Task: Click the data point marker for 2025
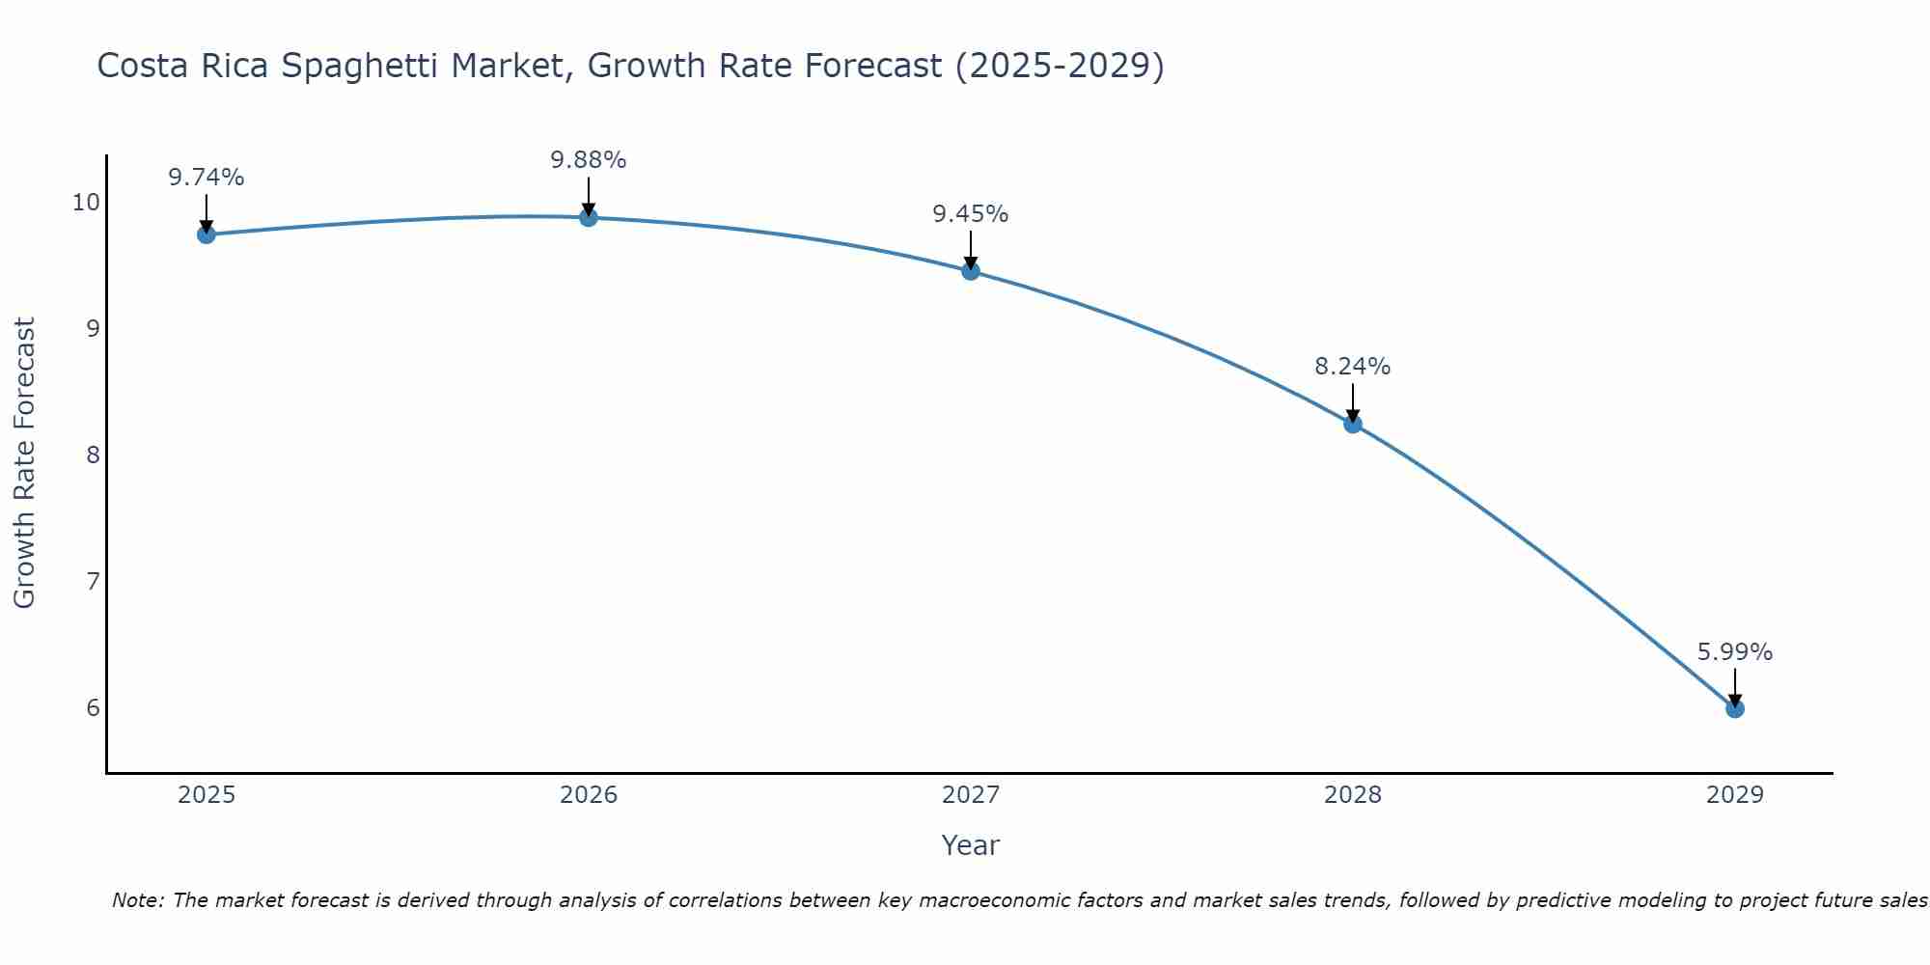[206, 234]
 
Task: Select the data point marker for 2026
[589, 217]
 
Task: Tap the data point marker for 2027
[971, 271]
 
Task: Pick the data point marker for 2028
[1353, 424]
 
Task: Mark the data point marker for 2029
[1735, 708]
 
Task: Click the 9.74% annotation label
[206, 178]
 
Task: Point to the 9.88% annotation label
[589, 160]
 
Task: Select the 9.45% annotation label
[971, 214]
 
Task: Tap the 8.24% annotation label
[1353, 367]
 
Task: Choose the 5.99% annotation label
[1735, 652]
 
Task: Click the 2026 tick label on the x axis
[589, 795]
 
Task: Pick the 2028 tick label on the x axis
[1353, 795]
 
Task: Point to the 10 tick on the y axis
[86, 202]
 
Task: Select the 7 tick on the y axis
[93, 581]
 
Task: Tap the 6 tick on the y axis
[93, 708]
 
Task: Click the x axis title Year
[971, 845]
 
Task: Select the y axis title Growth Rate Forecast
[25, 463]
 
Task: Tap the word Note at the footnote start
[138, 901]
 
